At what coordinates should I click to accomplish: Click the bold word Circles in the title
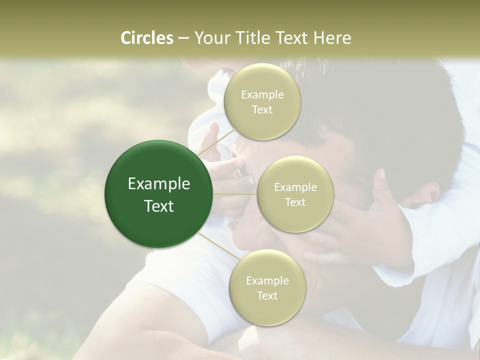146,38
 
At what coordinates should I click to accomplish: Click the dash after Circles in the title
183,38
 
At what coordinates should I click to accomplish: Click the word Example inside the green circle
159,184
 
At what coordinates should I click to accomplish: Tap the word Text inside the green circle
159,206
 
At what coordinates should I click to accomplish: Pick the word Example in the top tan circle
262,94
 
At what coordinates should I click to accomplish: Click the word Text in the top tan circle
262,110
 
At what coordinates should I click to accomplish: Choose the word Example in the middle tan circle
295,187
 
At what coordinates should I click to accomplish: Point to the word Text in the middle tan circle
295,202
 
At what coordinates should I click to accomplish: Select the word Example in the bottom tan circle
267,280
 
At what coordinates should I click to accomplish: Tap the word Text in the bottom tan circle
267,296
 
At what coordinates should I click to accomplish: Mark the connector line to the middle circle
235,193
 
